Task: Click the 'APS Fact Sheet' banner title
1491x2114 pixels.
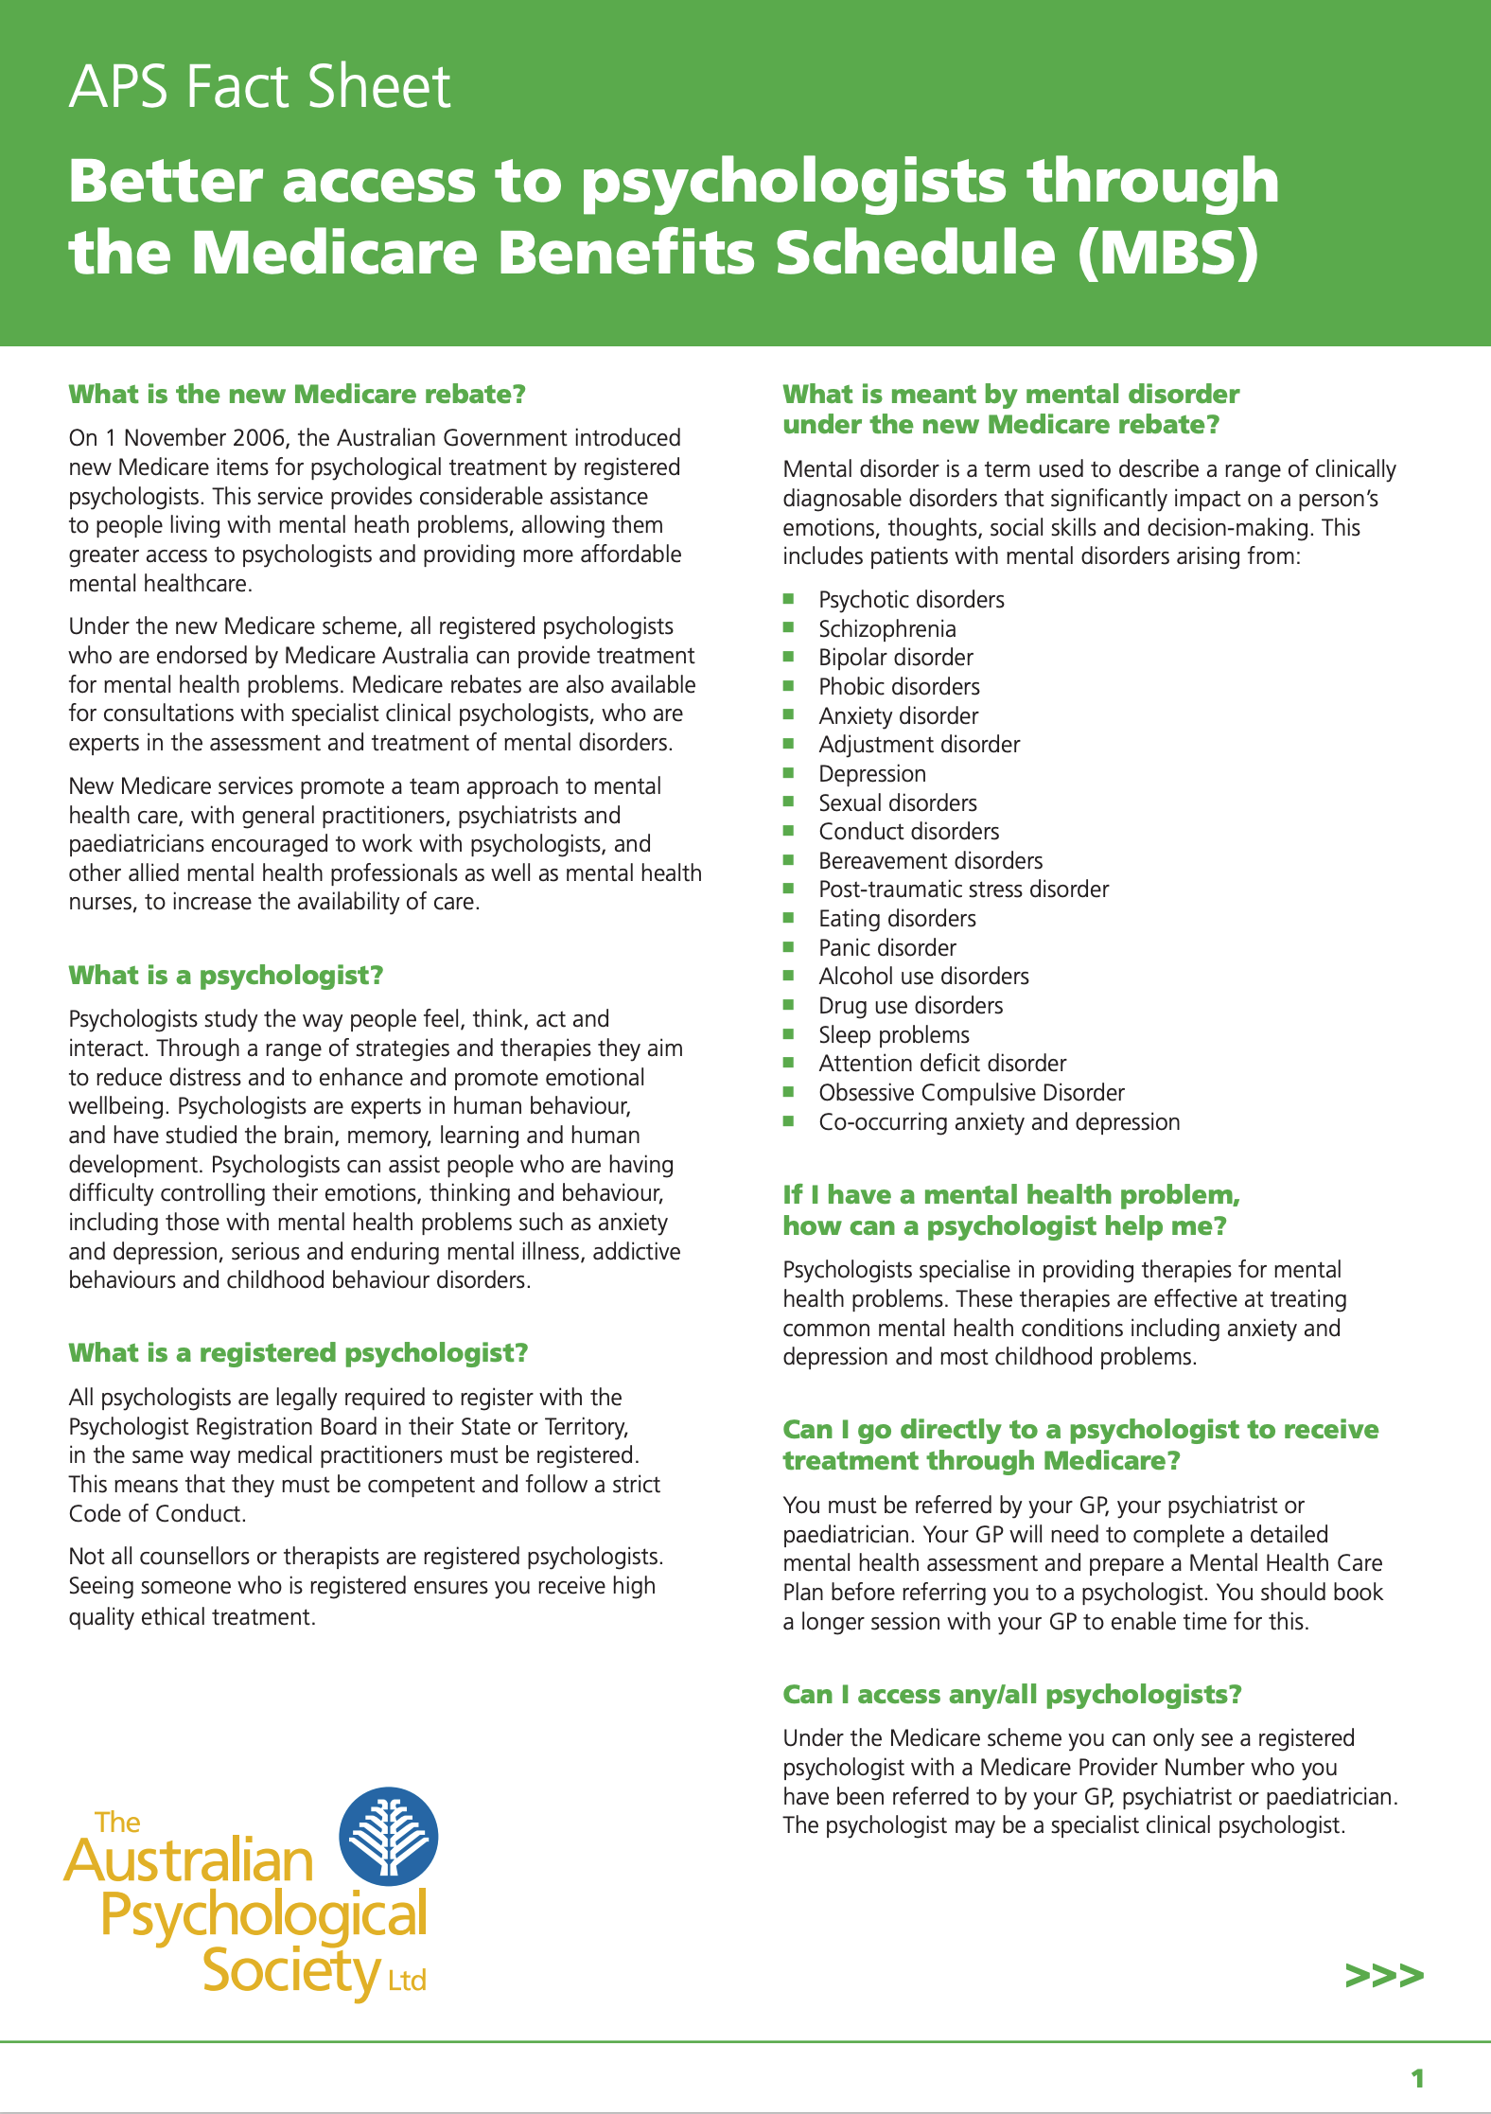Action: [x=259, y=87]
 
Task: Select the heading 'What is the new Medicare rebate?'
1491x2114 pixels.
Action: [x=297, y=394]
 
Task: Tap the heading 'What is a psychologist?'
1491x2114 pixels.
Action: [x=226, y=976]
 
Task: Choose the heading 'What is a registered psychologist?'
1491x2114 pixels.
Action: [x=298, y=1353]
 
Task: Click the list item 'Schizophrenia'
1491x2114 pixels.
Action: [x=886, y=629]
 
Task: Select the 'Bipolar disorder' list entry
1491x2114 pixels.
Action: [x=895, y=658]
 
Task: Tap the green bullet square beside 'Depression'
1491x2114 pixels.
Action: [x=789, y=773]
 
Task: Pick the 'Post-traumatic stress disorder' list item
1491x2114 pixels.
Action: [x=963, y=890]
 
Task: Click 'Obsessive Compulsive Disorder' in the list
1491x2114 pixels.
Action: [x=972, y=1093]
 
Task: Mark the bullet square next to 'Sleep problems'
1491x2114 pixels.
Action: [x=789, y=1034]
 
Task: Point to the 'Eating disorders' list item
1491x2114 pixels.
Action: [x=897, y=919]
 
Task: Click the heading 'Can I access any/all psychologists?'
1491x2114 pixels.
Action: [x=1011, y=1695]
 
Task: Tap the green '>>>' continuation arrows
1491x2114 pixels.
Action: [x=1384, y=1976]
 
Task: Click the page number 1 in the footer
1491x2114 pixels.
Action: [x=1417, y=2079]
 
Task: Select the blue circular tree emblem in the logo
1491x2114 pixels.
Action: [x=389, y=1836]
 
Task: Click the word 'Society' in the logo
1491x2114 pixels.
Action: [x=290, y=1972]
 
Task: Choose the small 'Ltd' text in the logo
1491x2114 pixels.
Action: [x=407, y=1981]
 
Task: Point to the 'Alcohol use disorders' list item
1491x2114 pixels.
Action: [x=923, y=977]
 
